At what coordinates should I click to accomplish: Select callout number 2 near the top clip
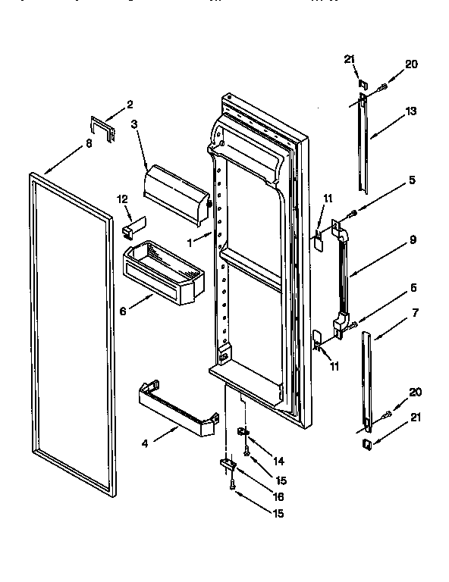(129, 104)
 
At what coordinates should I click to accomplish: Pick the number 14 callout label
(278, 459)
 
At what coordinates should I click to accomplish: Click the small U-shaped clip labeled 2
(102, 128)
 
